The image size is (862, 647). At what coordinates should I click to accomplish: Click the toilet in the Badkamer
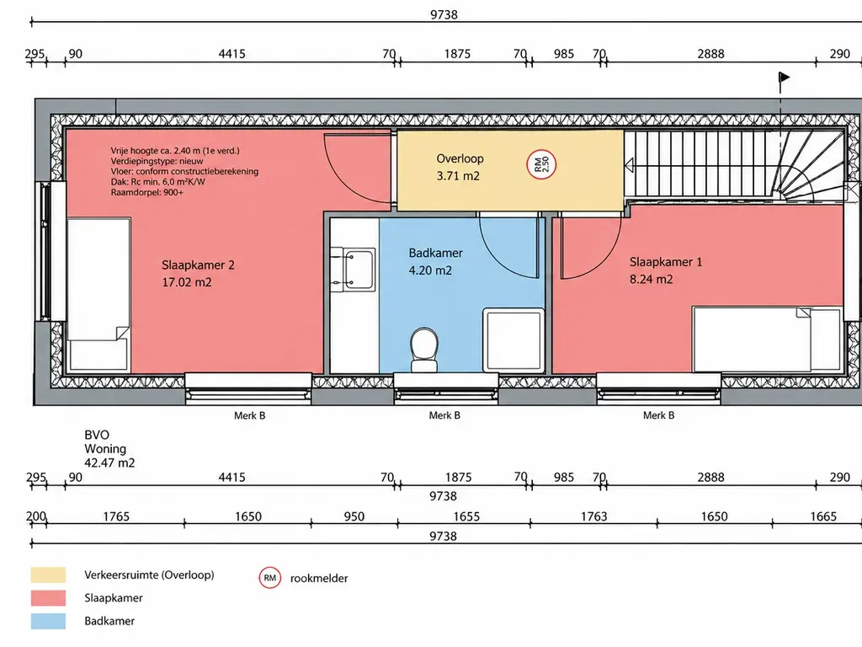pos(424,350)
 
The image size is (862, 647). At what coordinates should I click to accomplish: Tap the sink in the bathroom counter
pos(359,270)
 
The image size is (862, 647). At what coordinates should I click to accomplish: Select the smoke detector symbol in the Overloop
pos(541,164)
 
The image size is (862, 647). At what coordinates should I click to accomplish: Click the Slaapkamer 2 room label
pos(198,265)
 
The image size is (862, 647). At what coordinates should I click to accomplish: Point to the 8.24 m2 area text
pos(651,280)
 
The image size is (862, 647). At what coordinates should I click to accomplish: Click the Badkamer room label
pos(435,253)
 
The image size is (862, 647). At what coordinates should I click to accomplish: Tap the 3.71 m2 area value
pos(458,176)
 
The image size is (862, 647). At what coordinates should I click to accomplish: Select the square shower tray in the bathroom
pos(513,340)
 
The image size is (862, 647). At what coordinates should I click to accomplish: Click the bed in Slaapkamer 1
pos(768,340)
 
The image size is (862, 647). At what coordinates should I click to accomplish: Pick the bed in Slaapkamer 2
pos(98,295)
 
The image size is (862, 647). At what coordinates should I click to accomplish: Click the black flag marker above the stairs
pos(784,78)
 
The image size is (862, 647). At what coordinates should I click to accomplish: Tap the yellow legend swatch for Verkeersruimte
pos(48,575)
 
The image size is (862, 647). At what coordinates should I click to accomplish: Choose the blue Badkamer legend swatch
pos(48,621)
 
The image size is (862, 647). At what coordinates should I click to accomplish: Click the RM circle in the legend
pos(270,578)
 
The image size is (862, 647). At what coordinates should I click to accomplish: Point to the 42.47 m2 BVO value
pos(109,463)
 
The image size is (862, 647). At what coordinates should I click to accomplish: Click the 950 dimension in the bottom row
pos(354,516)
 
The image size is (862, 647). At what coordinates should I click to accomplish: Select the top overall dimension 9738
pos(444,15)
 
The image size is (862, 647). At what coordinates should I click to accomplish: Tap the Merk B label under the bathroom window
pos(444,416)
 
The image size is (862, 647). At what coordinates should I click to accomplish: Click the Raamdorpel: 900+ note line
pos(146,193)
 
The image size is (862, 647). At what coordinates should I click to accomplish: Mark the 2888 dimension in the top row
pos(710,54)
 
